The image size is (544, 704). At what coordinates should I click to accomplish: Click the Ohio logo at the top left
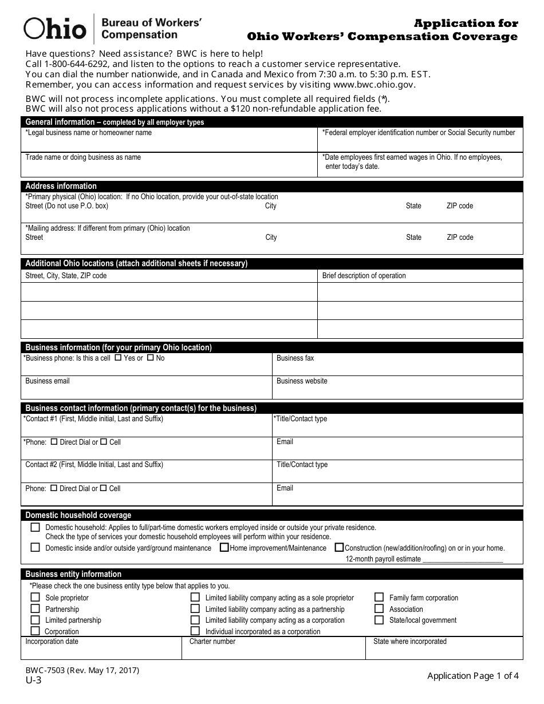click(x=55, y=28)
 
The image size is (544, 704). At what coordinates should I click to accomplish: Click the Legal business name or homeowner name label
click(x=89, y=133)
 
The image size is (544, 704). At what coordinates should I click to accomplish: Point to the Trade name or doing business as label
click(x=83, y=157)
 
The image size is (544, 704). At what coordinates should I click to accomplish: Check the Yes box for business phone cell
click(x=118, y=358)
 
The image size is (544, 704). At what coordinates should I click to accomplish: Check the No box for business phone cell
click(x=150, y=358)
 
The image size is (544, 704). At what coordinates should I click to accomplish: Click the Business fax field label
click(x=295, y=358)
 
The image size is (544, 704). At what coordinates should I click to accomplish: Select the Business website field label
click(x=302, y=381)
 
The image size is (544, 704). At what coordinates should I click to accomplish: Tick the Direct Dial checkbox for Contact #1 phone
click(x=54, y=442)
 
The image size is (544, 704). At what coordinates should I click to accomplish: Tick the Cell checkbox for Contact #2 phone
click(x=104, y=488)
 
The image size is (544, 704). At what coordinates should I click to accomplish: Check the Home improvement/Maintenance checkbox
click(x=225, y=548)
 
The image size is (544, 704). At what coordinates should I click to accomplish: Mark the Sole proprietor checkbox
click(x=36, y=598)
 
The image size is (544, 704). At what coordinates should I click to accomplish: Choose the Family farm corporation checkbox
click(x=379, y=598)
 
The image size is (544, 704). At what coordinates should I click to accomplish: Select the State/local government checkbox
click(x=379, y=620)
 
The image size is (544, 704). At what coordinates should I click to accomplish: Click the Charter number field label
click(x=212, y=642)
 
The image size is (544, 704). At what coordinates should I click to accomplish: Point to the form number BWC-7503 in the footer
click(x=82, y=670)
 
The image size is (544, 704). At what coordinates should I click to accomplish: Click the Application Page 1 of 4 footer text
click(x=473, y=676)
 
